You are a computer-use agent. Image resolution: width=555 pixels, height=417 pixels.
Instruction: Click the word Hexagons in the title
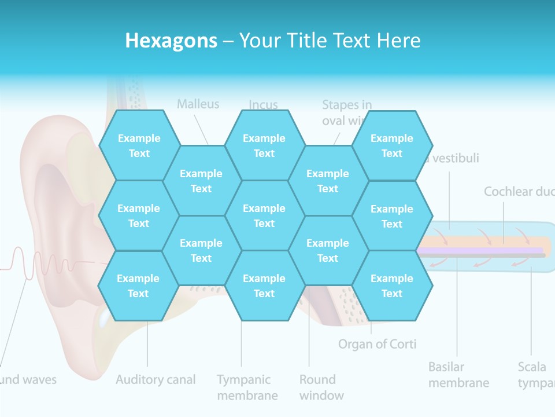point(171,41)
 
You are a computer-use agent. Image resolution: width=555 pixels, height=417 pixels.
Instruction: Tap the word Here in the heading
point(398,41)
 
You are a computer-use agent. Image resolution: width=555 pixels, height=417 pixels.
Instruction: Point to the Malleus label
point(198,104)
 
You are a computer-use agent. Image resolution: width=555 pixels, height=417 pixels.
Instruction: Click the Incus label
point(263,105)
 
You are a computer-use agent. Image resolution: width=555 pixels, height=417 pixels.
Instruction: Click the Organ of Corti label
point(377,344)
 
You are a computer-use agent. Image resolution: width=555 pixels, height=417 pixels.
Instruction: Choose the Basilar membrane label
point(458,375)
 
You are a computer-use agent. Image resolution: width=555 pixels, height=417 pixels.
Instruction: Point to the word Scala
point(532,367)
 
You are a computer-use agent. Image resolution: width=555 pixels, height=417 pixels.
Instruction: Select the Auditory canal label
point(156,380)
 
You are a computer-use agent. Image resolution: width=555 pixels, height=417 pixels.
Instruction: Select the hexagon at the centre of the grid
point(264,215)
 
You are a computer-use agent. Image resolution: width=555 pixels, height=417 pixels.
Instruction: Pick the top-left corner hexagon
point(139,145)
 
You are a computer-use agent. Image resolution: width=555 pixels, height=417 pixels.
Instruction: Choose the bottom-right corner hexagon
point(392,286)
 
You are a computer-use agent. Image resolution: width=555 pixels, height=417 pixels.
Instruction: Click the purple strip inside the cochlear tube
point(480,250)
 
